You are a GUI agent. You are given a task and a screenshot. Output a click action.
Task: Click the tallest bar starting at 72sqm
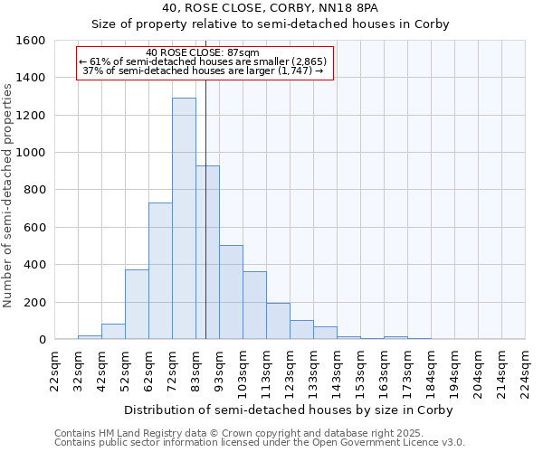pyautogui.click(x=184, y=219)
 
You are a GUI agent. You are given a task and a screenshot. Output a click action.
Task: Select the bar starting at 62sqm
pyautogui.click(x=160, y=271)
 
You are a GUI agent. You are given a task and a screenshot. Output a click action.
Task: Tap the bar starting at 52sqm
pyautogui.click(x=137, y=305)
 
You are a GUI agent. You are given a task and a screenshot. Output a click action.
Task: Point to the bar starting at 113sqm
pyautogui.click(x=278, y=321)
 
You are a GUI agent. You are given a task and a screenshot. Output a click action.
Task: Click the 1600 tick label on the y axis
pyautogui.click(x=31, y=41)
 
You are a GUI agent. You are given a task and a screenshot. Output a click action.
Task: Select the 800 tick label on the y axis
pyautogui.click(x=34, y=190)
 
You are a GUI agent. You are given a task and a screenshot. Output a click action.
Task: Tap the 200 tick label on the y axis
pyautogui.click(x=34, y=302)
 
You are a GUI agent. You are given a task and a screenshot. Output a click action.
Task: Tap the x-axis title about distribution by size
pyautogui.click(x=288, y=410)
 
